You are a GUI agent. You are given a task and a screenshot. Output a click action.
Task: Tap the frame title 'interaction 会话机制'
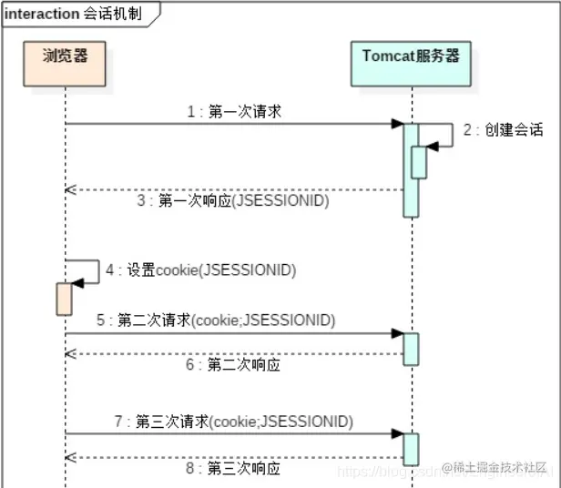click(73, 14)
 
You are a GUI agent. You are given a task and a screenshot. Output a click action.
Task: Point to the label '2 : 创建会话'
click(503, 130)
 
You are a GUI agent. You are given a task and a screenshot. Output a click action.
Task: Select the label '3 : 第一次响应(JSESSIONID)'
click(233, 201)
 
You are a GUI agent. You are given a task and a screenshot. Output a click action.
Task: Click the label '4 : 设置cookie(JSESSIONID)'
click(200, 269)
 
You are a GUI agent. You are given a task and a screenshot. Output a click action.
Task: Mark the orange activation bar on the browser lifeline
click(65, 299)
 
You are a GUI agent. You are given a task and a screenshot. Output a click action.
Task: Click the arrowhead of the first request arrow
click(398, 124)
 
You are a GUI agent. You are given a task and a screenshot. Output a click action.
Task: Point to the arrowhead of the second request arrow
click(398, 334)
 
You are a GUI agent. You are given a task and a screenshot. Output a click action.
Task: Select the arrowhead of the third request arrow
click(398, 434)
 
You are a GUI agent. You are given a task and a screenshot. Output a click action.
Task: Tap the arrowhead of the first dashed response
click(70, 190)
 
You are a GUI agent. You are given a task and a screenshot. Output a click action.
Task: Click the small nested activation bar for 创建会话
click(419, 162)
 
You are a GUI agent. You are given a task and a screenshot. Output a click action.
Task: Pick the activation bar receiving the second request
click(411, 349)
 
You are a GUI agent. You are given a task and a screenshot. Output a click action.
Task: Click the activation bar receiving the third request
click(411, 449)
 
